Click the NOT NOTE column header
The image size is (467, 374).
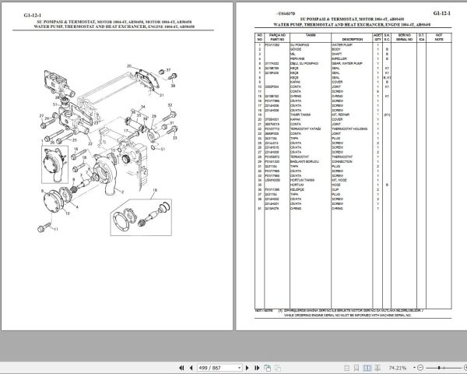click(x=439, y=37)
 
